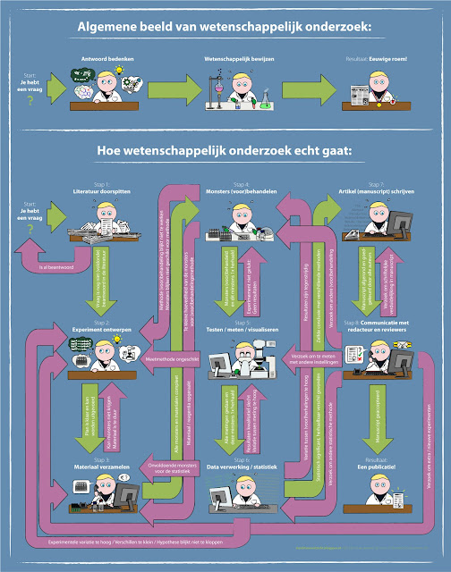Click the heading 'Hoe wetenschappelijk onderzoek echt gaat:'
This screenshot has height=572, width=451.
pos(225,151)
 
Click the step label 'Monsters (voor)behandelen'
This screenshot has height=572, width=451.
pos(241,190)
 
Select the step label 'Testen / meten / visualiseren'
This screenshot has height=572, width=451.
pos(242,329)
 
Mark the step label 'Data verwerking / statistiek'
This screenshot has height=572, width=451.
pos(242,466)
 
